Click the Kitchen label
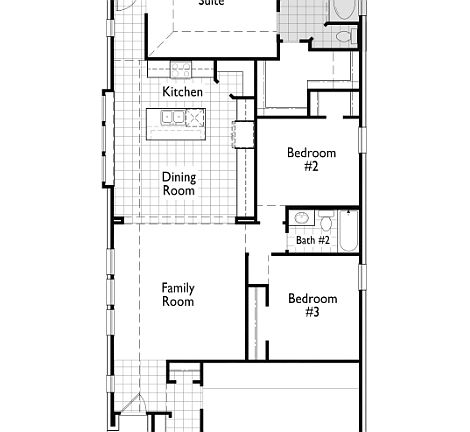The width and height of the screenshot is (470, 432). (183, 92)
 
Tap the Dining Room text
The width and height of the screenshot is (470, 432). (179, 184)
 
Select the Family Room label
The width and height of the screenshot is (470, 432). (178, 294)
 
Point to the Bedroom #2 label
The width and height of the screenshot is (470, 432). (311, 160)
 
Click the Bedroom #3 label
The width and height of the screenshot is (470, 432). (312, 305)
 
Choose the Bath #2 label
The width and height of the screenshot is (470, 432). (312, 240)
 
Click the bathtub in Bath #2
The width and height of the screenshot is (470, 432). (348, 231)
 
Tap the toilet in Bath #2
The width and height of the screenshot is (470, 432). (326, 220)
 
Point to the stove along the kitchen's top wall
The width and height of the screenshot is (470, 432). (181, 69)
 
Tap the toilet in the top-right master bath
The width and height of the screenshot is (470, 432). (343, 36)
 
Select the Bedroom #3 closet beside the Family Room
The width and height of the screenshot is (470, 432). (258, 320)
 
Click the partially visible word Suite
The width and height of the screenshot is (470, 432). (211, 4)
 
